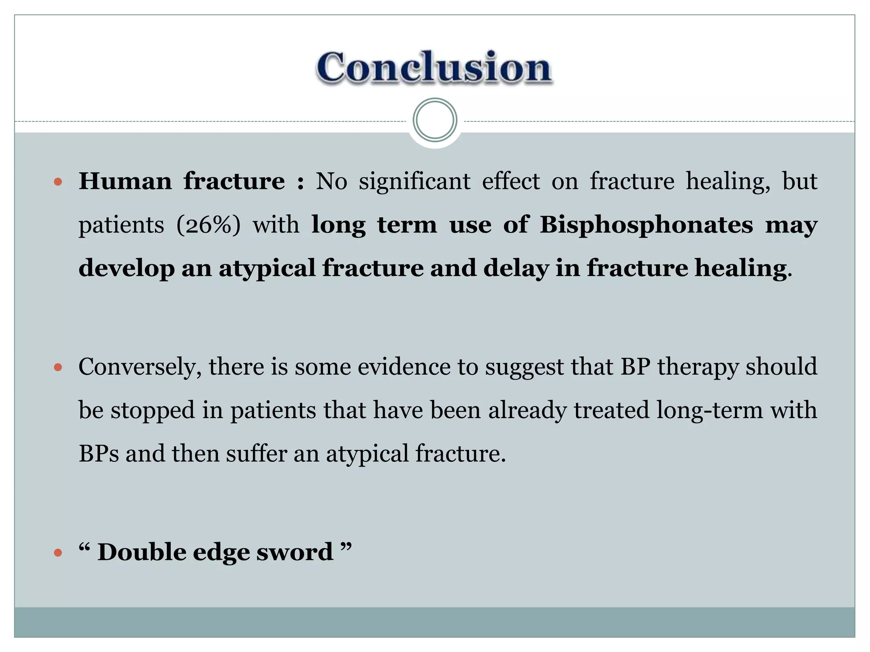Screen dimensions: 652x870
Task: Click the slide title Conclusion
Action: [434, 67]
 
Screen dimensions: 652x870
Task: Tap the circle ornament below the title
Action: [435, 120]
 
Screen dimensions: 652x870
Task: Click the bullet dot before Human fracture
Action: [58, 183]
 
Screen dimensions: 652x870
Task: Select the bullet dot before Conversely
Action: [58, 367]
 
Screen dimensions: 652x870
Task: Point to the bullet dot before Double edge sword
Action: [58, 553]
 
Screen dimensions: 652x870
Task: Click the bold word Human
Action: [125, 182]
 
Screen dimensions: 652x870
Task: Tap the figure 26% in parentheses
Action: [208, 225]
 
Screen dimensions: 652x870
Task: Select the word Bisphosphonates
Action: [646, 225]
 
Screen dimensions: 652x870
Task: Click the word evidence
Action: [404, 367]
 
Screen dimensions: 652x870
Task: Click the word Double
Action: [142, 553]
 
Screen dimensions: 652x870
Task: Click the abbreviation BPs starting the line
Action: [99, 454]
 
